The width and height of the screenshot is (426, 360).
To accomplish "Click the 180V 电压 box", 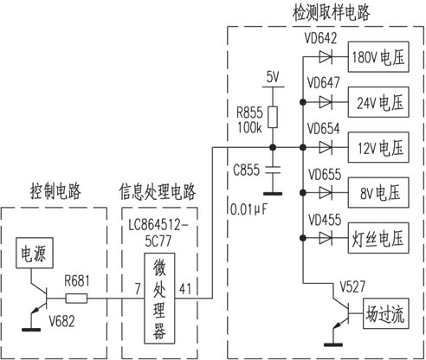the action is point(378,57).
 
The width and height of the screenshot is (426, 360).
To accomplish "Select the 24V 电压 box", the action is point(378,102).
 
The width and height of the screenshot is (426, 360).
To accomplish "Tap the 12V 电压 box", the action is point(378,147).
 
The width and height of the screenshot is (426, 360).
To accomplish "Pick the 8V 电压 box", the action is point(378,193).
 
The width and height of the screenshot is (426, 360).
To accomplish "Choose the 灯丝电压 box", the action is point(378,238).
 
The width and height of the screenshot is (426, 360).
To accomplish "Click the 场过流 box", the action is point(386,313).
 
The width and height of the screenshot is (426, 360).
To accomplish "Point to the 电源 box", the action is point(35,253).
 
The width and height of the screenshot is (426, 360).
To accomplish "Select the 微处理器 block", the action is point(159,299).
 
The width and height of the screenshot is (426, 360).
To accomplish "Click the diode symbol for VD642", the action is point(326,57).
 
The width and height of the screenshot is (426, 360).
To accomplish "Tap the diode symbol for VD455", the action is point(326,238).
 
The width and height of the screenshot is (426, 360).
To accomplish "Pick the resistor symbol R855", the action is point(273,117).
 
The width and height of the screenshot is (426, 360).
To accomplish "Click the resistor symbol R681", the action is point(76,299).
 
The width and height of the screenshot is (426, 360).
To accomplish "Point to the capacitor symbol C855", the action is point(273,170).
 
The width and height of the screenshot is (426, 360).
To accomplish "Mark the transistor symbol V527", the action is point(341,314).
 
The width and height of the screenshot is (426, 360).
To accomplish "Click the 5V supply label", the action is point(273,77).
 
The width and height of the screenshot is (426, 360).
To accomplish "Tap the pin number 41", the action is point(185,288).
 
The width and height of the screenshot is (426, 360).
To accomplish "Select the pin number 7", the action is point(138,289).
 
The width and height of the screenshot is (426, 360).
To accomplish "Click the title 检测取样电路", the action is point(331,13).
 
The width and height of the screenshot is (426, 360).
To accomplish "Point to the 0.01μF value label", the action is point(249,209).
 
